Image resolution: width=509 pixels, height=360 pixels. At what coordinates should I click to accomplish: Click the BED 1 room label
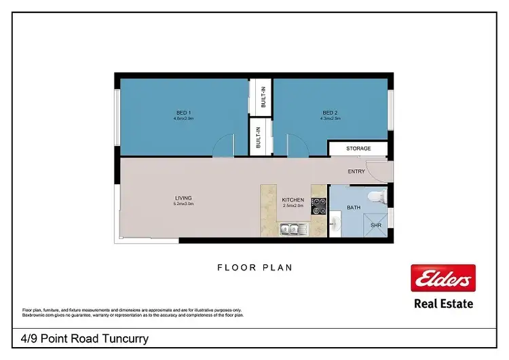[183, 113]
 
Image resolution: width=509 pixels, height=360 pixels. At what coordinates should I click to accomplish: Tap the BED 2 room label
[331, 113]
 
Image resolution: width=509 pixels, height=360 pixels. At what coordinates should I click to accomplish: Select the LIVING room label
[184, 198]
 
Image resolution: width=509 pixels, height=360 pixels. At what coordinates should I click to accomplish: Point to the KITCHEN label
[293, 200]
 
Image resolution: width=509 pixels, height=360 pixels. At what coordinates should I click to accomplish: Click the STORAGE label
[358, 148]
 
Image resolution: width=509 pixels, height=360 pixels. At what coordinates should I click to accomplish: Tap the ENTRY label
[356, 171]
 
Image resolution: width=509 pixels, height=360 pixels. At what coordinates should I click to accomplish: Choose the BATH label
[354, 206]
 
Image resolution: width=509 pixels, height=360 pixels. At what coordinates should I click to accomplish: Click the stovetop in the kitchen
[318, 206]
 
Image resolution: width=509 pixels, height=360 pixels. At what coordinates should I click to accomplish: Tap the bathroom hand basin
[335, 223]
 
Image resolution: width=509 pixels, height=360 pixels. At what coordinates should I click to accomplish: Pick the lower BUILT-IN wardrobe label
[259, 139]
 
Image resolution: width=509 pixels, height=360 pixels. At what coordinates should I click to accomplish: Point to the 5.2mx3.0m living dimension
[184, 204]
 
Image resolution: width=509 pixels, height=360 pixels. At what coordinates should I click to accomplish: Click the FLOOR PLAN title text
[254, 268]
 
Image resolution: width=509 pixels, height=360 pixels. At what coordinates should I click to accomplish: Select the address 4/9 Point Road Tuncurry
[81, 338]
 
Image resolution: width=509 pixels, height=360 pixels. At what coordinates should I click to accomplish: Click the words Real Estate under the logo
[444, 304]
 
